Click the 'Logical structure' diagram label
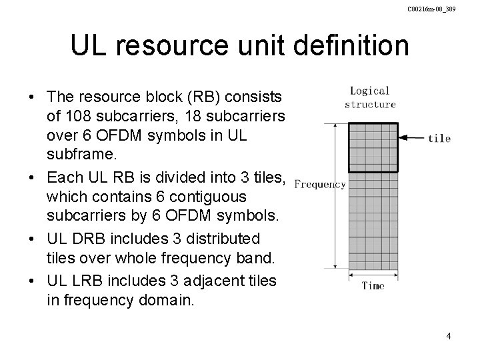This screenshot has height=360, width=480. click(370, 99)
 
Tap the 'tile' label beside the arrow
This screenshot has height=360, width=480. click(439, 139)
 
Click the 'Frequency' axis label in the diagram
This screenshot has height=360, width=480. click(320, 184)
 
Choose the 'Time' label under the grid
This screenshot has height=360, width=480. click(373, 286)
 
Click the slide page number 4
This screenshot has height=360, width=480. click(449, 336)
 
